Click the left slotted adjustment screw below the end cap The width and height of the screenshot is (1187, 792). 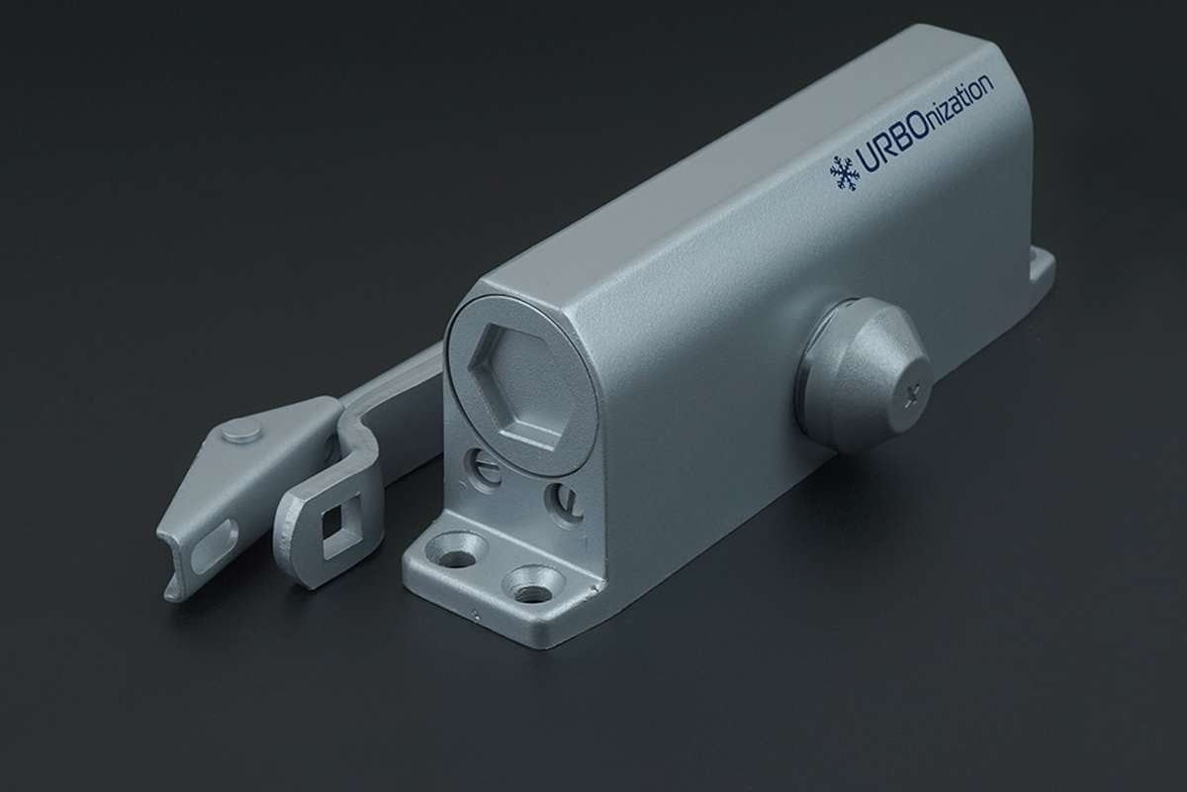click(485, 468)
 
